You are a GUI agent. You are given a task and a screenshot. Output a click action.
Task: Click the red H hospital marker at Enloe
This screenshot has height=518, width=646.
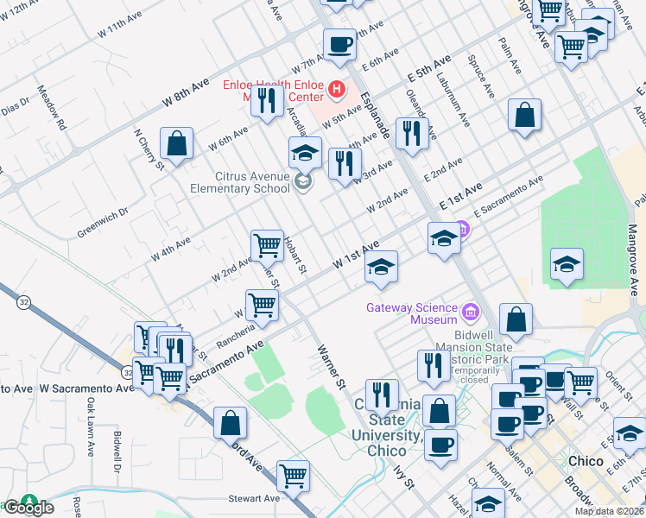(x=335, y=89)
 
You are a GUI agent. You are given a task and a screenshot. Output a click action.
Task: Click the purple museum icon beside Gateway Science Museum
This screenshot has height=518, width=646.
(x=471, y=310)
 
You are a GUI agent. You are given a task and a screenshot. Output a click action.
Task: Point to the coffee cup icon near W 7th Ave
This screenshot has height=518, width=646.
(x=339, y=44)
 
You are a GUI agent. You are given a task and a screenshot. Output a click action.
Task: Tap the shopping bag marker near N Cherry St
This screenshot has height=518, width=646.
(x=176, y=144)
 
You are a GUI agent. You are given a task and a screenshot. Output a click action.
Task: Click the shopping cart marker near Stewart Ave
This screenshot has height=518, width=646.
(x=294, y=476)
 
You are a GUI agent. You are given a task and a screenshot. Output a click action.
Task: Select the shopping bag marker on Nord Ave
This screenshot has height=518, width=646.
(x=230, y=423)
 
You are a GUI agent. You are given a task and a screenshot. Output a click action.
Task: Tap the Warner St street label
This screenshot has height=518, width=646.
(x=331, y=365)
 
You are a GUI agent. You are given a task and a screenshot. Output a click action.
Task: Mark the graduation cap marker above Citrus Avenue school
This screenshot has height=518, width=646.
(x=305, y=152)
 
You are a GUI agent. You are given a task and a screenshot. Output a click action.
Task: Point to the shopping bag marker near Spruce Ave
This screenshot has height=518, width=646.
(x=524, y=116)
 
